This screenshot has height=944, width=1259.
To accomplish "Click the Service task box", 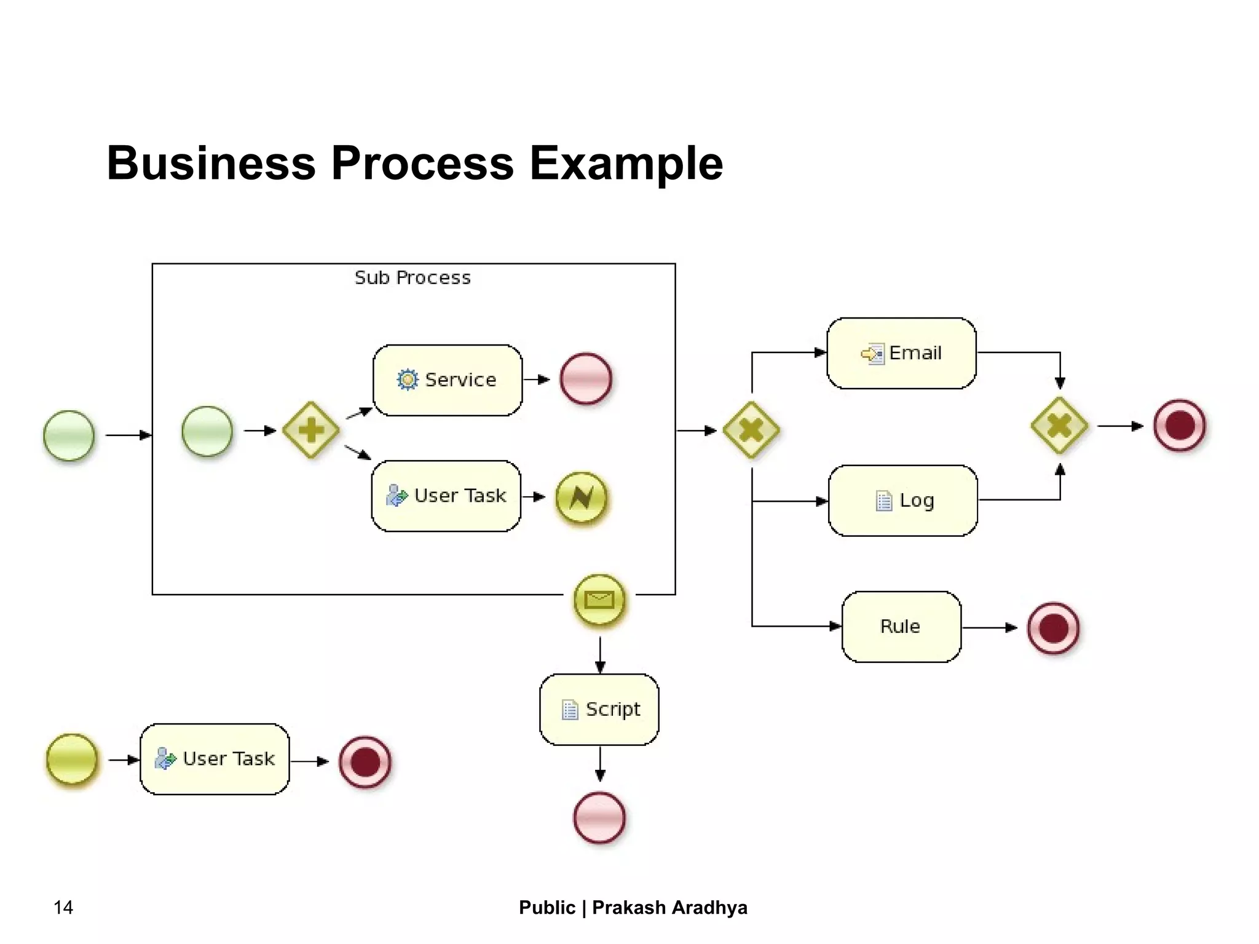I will click(x=448, y=380).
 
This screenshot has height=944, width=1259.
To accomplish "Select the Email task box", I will click(x=901, y=353).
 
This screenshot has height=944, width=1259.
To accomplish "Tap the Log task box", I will click(x=902, y=501).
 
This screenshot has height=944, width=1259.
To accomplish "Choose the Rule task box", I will click(x=901, y=627).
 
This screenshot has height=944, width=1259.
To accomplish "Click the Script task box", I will click(x=599, y=709).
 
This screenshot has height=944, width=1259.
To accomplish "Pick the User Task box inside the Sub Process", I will click(x=446, y=496).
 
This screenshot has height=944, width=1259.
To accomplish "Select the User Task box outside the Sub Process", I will click(x=215, y=759).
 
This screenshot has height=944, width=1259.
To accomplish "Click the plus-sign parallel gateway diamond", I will click(x=311, y=430).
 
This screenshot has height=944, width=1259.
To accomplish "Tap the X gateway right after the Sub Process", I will click(x=751, y=430).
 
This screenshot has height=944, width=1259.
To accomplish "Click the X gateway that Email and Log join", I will click(x=1059, y=426).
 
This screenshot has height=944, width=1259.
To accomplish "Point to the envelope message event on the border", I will click(x=599, y=600).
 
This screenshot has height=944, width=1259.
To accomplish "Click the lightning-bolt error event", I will click(x=581, y=497).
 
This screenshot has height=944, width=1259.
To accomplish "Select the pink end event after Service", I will click(x=586, y=379).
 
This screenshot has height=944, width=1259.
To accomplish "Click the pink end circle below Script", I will click(x=599, y=817).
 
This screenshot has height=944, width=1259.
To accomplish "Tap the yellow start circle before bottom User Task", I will click(x=72, y=760).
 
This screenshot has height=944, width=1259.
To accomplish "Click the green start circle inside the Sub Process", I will click(x=207, y=431).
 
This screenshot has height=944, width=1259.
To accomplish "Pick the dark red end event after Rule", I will click(x=1053, y=628).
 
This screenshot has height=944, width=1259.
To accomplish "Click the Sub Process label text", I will click(x=412, y=278).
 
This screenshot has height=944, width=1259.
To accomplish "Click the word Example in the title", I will click(x=626, y=164).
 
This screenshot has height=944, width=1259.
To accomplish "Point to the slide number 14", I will click(x=63, y=907).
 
